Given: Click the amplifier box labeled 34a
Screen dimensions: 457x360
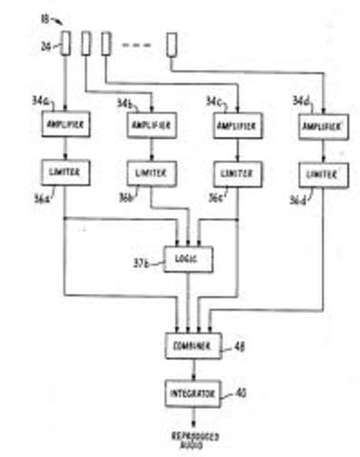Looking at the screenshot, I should [x=64, y=124].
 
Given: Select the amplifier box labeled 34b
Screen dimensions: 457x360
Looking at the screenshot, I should [x=149, y=126].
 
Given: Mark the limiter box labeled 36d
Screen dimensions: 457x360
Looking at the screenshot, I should [x=322, y=175].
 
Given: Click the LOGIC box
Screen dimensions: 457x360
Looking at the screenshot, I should [x=189, y=258].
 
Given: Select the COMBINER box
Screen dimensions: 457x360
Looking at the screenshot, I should [x=190, y=346].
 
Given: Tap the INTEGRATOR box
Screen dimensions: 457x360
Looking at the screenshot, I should [x=190, y=392].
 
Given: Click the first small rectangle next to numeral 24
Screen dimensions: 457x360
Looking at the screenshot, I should [x=65, y=44].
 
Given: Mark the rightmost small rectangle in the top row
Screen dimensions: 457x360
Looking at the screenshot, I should [x=171, y=44].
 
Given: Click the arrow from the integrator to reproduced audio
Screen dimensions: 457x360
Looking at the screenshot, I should [x=190, y=415].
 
